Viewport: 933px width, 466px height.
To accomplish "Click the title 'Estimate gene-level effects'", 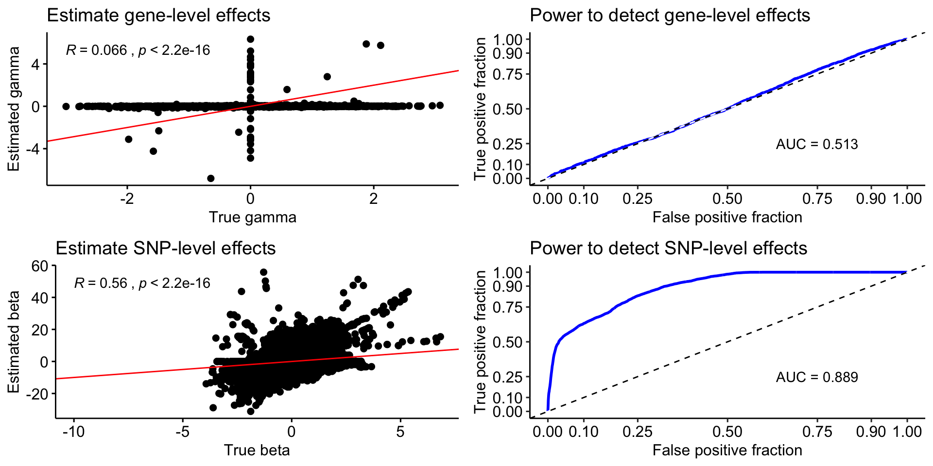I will point(158,16).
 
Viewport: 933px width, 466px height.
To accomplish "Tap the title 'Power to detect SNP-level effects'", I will point(668,249).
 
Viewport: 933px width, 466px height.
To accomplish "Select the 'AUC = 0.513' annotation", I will point(816,144).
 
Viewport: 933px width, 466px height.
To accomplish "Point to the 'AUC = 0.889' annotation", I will point(816,377).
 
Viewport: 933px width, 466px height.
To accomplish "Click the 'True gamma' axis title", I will point(252,217).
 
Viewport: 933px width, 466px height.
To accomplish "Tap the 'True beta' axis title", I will point(257,450).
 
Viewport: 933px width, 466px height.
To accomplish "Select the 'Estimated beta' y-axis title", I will point(14,342).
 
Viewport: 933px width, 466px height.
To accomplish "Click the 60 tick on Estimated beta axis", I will point(40,266).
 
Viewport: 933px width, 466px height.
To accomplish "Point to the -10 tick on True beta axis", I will point(74,432).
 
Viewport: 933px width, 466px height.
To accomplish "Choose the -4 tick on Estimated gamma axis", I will point(33,149).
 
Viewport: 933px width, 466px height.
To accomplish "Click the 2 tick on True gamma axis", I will point(373,199).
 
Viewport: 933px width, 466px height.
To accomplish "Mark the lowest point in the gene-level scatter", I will point(210,178).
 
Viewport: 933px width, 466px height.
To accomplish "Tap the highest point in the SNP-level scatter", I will point(263,272).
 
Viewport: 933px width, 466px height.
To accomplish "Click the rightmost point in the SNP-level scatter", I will point(441,337).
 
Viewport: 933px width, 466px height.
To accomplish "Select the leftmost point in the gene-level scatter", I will point(66,106).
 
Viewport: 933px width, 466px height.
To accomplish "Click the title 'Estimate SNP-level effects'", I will point(165,249).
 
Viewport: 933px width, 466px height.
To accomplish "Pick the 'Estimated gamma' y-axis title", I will point(14,109).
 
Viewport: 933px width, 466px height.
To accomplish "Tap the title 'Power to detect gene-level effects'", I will point(670,16).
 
